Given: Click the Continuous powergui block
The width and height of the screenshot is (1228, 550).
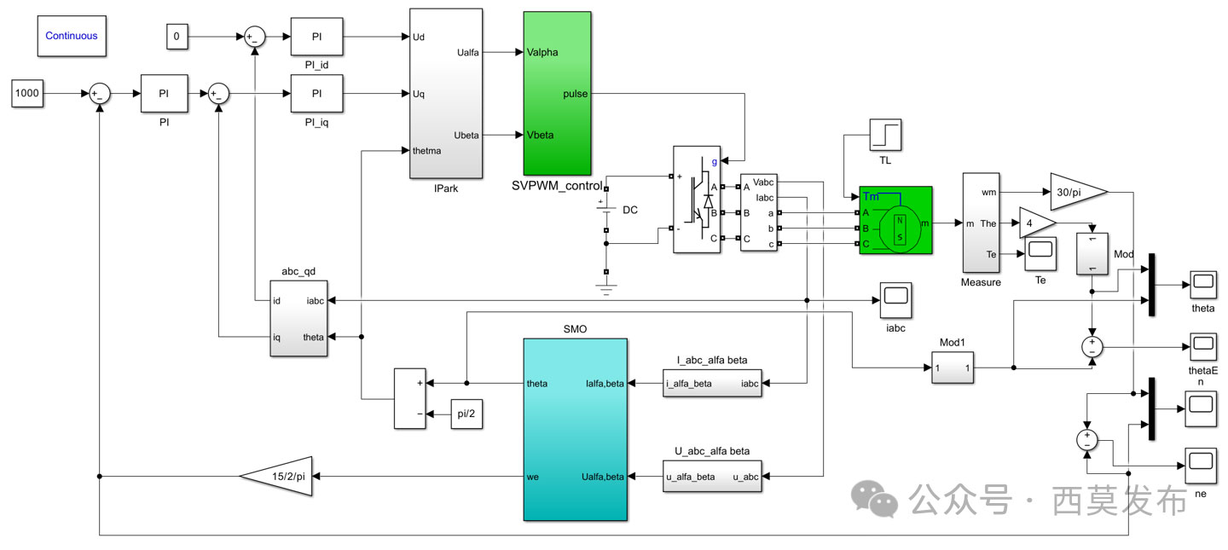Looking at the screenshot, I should tap(72, 36).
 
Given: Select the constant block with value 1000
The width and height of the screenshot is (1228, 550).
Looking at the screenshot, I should tap(27, 94).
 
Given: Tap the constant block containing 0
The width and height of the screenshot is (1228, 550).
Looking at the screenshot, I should tap(177, 37).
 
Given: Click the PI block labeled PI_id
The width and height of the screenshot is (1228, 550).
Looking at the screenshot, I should tap(316, 37).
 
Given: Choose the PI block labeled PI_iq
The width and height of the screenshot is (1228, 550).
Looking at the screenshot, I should tap(316, 94).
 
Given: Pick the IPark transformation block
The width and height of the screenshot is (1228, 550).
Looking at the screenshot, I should tap(446, 94).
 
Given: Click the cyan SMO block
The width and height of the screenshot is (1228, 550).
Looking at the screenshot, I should tap(575, 429).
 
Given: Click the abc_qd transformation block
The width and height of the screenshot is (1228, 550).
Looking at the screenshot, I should tap(298, 319).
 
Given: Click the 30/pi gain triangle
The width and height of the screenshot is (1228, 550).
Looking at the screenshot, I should tap(1076, 193).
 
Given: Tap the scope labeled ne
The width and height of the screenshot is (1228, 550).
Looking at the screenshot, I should tap(1200, 461).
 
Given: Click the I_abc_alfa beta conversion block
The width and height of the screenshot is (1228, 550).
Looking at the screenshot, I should tap(712, 384).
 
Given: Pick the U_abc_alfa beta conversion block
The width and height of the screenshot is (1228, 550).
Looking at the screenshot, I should tap(712, 477).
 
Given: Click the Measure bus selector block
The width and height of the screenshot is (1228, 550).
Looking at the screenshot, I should tap(980, 222).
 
